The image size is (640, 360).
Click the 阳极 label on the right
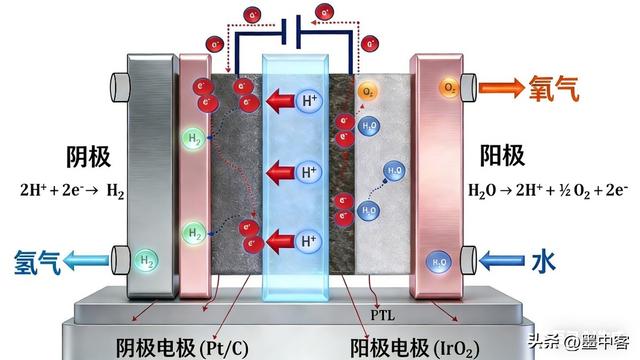499,157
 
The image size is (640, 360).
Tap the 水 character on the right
544,262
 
